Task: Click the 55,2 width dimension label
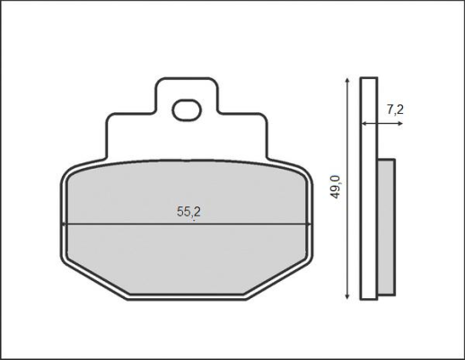pyautogui.click(x=189, y=212)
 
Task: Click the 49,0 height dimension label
pyautogui.click(x=336, y=187)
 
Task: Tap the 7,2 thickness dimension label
pyautogui.click(x=395, y=110)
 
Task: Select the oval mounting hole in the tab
pyautogui.click(x=188, y=111)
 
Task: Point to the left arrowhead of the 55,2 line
pyautogui.click(x=65, y=224)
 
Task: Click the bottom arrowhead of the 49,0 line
pyautogui.click(x=347, y=295)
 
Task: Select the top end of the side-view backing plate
pyautogui.click(x=369, y=82)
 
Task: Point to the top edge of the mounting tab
pyautogui.click(x=188, y=78)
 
